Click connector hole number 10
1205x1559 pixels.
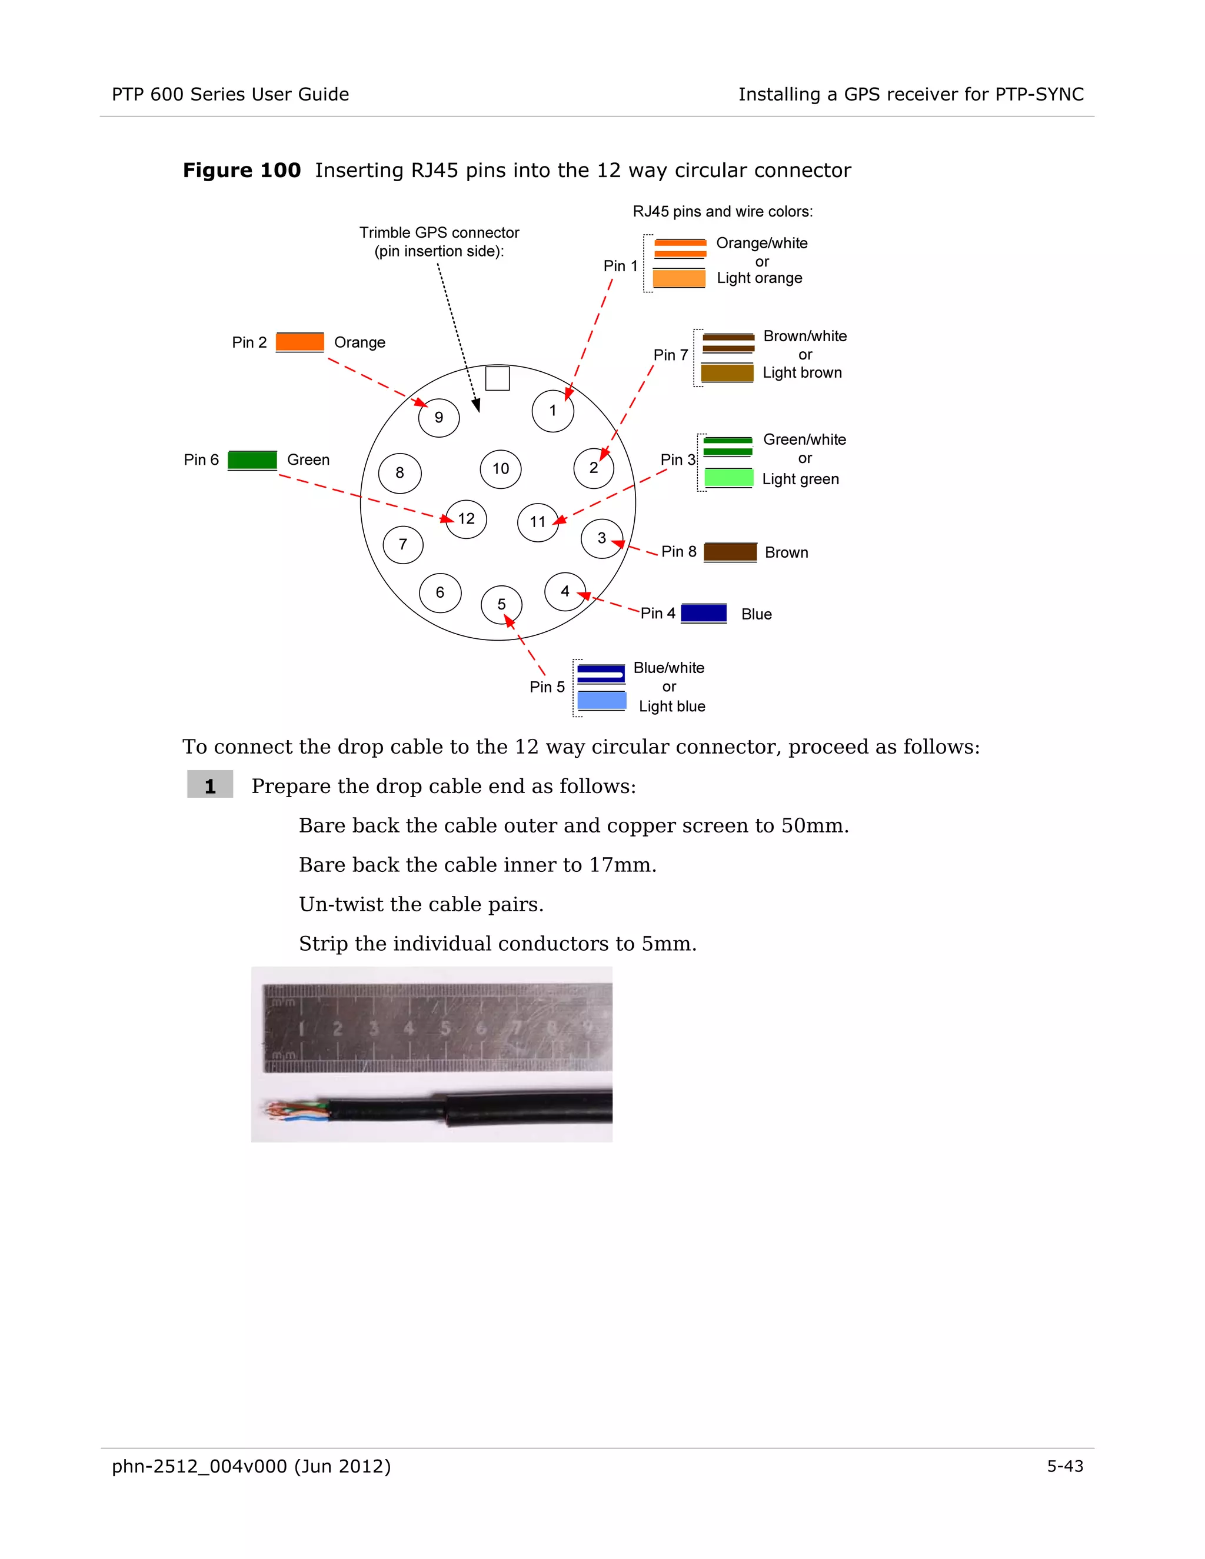click(501, 469)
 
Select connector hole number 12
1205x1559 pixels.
click(466, 519)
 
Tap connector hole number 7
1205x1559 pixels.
click(402, 545)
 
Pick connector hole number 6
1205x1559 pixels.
click(440, 592)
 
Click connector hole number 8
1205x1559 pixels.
click(400, 472)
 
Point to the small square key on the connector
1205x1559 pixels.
click(498, 378)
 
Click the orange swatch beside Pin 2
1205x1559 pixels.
click(300, 342)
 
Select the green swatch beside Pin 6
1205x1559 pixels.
click(252, 459)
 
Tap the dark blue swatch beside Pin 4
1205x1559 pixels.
click(704, 613)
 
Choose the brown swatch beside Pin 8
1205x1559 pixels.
click(730, 552)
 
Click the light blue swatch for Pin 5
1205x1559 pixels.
click(602, 700)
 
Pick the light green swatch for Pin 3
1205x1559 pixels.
click(728, 478)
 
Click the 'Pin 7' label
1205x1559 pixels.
click(670, 355)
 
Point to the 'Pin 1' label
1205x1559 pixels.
click(620, 265)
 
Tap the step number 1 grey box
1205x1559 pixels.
click(210, 785)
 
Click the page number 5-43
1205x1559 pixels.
click(1064, 1466)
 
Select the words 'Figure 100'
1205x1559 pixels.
click(242, 171)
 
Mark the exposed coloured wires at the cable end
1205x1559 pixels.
click(294, 1112)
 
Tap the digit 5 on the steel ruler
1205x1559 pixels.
click(445, 1028)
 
